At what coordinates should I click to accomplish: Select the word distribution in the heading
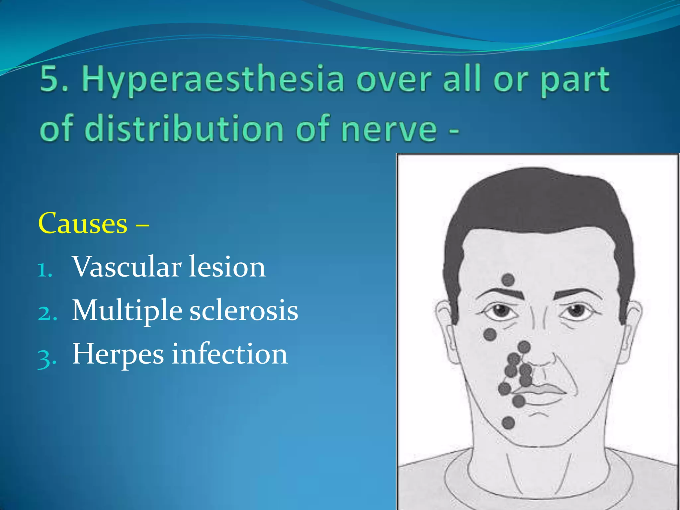pyautogui.click(x=186, y=129)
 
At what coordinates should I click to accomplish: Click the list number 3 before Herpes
pyautogui.click(x=46, y=359)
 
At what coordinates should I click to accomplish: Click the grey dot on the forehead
pyautogui.click(x=508, y=280)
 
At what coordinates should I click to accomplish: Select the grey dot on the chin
pyautogui.click(x=508, y=423)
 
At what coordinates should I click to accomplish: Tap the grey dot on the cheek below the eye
pyautogui.click(x=490, y=334)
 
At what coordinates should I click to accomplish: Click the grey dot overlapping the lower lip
pyautogui.click(x=518, y=401)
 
